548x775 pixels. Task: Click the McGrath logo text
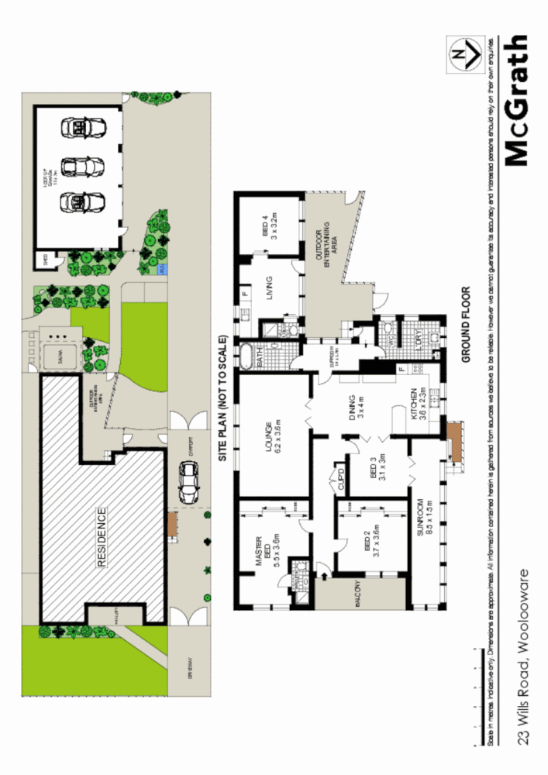[x=517, y=101]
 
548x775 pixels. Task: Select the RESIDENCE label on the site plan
[x=102, y=537]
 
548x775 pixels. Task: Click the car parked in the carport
[x=188, y=481]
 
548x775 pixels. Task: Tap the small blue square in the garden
[x=161, y=270]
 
